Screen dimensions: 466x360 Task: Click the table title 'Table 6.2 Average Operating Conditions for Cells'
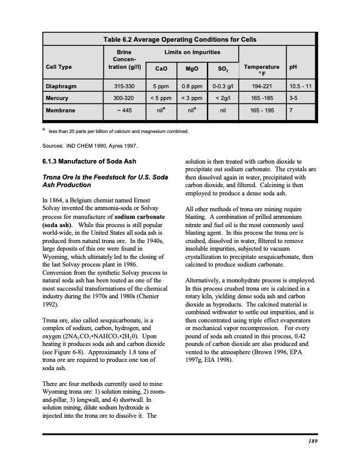[x=179, y=39]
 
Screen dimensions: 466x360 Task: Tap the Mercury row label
[x=59, y=98]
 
